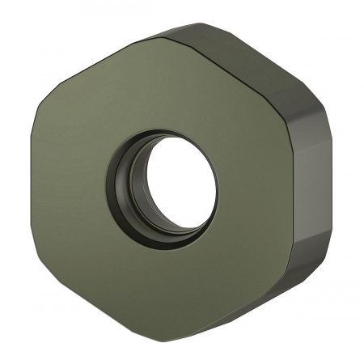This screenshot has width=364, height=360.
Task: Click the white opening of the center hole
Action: [181, 184]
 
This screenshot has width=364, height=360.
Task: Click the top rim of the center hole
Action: [166, 132]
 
